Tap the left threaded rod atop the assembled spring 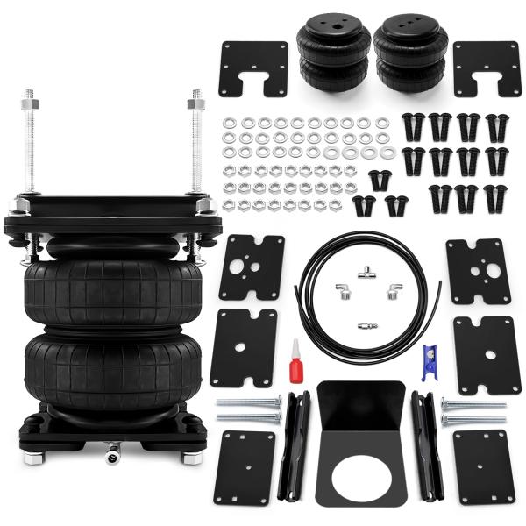28,140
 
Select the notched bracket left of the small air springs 253,68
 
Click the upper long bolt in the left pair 248,404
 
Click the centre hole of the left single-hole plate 239,346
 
